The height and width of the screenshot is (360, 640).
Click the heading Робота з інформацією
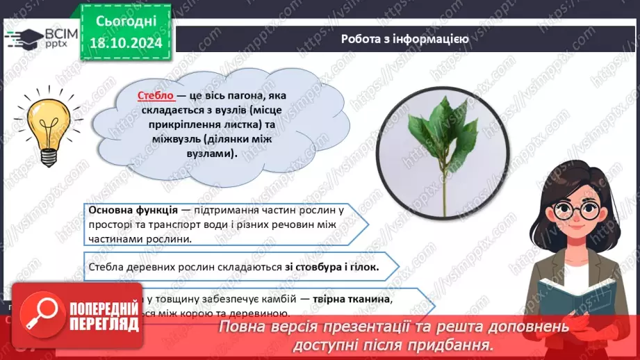click(404, 39)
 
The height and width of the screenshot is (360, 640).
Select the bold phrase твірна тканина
click(356, 298)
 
